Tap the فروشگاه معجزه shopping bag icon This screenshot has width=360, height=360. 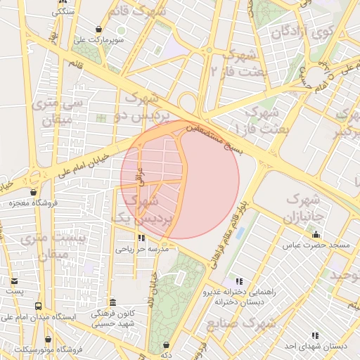pyautogui.click(x=33, y=192)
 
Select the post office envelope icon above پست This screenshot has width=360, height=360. pyautogui.click(x=15, y=281)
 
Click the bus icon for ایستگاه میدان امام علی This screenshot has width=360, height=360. pyautogui.click(x=38, y=306)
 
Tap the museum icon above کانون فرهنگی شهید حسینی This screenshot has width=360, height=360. pyautogui.click(x=112, y=302)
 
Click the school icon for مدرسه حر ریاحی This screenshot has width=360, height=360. pyautogui.click(x=141, y=238)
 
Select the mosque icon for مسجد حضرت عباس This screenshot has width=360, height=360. pyautogui.click(x=316, y=235)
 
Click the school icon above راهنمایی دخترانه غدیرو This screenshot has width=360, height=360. pyautogui.click(x=238, y=281)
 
